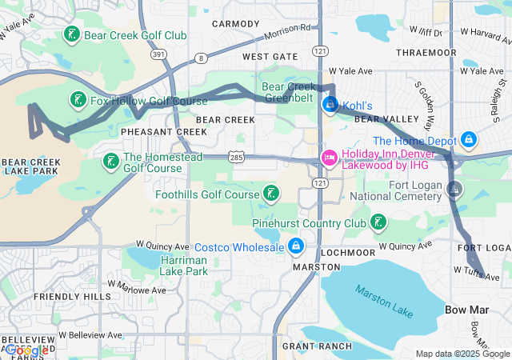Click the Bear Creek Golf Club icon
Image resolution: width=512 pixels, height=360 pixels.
[x=72, y=34]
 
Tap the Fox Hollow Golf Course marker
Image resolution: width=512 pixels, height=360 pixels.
[x=78, y=101]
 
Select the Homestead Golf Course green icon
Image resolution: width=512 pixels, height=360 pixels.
[x=111, y=162]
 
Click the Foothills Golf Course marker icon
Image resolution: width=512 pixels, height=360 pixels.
[x=272, y=194]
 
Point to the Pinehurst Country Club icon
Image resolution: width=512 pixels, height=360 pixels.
[x=378, y=222]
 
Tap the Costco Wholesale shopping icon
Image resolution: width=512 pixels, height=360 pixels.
[x=296, y=246]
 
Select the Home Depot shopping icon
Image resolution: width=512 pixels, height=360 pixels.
[x=470, y=141]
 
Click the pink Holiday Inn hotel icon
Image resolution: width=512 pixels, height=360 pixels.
[x=329, y=158]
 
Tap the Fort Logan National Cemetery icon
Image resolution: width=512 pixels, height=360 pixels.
[x=454, y=190]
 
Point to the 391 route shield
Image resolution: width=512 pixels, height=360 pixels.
[x=159, y=54]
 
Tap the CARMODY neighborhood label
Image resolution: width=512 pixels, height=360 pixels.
[x=236, y=24]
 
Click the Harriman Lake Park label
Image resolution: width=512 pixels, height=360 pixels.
[x=184, y=266]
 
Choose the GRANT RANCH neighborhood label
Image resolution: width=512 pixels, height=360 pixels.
[x=317, y=346]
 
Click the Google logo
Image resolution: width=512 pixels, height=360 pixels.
[x=26, y=350]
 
